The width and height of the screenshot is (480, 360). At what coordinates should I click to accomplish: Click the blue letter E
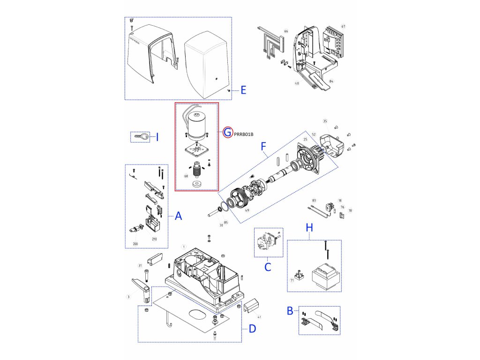coord(243,90)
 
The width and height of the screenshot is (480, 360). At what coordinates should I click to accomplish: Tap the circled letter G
coord(227,132)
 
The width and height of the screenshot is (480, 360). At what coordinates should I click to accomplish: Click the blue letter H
coord(309,227)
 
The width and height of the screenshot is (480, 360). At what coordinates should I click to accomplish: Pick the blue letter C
coord(268,267)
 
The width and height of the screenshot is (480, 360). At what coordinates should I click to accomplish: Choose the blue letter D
coord(252,329)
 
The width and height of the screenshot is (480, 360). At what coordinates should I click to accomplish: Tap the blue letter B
coord(290,310)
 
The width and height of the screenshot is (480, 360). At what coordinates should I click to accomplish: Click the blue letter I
coord(157,137)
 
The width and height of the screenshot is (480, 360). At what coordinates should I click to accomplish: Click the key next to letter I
coord(141,137)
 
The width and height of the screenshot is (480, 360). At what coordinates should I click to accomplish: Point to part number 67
coord(343,27)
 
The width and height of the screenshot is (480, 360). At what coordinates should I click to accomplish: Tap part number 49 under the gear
coord(247,210)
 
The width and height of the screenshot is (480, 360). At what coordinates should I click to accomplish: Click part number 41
coord(259,317)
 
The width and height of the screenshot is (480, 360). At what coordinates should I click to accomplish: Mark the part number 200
coord(135,244)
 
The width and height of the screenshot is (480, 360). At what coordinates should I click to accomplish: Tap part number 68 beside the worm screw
coord(186,176)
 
